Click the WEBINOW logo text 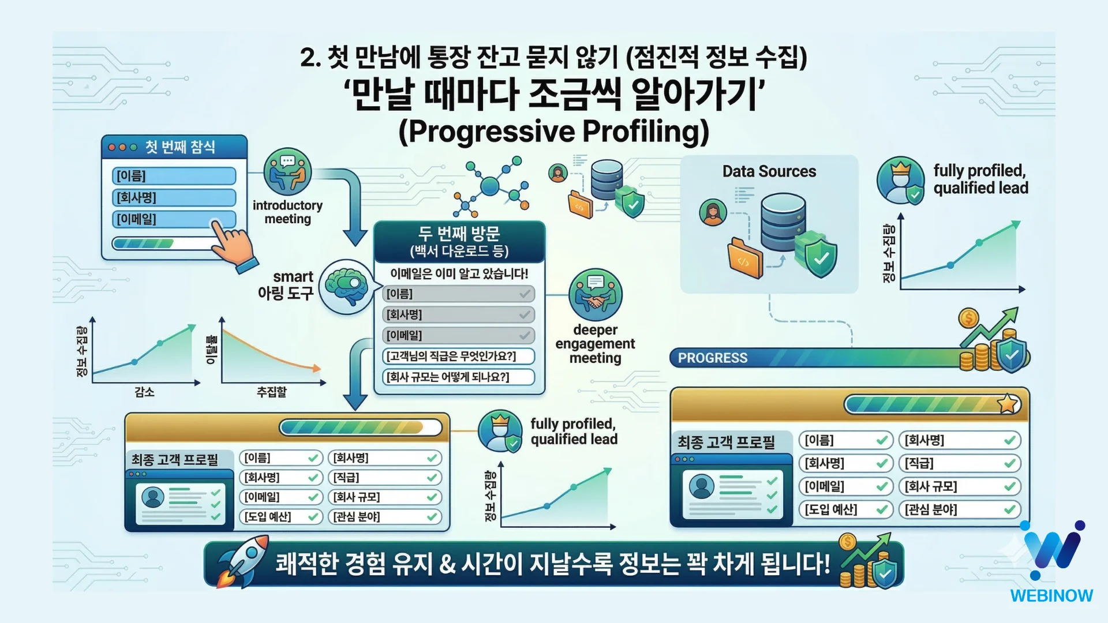(x=1051, y=595)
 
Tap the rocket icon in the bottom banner (x=242, y=561)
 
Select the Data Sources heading (x=769, y=171)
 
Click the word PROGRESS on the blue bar (x=713, y=358)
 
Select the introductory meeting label (x=287, y=212)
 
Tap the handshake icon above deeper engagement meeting (x=596, y=294)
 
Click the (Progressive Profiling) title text (x=553, y=131)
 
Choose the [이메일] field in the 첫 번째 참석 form (x=174, y=219)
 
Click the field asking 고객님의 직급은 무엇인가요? (x=458, y=356)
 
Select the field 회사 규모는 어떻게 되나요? (x=458, y=377)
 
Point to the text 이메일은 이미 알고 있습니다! (x=459, y=273)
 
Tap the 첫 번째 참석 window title (x=180, y=147)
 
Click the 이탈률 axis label (x=211, y=349)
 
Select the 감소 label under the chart (x=144, y=392)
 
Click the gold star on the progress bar (x=1008, y=404)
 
